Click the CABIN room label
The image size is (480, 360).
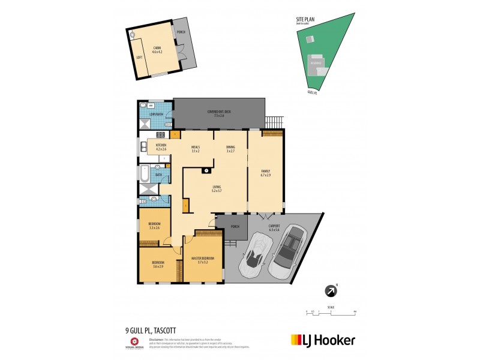tap(157, 49)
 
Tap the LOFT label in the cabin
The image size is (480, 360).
tap(139, 58)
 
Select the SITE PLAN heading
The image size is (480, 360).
tap(305, 20)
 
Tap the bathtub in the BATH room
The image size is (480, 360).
tap(144, 173)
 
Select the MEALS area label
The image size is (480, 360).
tap(195, 149)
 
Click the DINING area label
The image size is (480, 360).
tap(230, 149)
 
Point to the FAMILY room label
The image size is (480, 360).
tap(266, 172)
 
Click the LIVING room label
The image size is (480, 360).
tap(217, 188)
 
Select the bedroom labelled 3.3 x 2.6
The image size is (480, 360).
tap(154, 225)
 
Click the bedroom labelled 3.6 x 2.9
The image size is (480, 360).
tap(158, 265)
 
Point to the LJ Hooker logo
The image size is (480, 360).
tap(323, 339)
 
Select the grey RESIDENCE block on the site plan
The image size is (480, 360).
tap(316, 62)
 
